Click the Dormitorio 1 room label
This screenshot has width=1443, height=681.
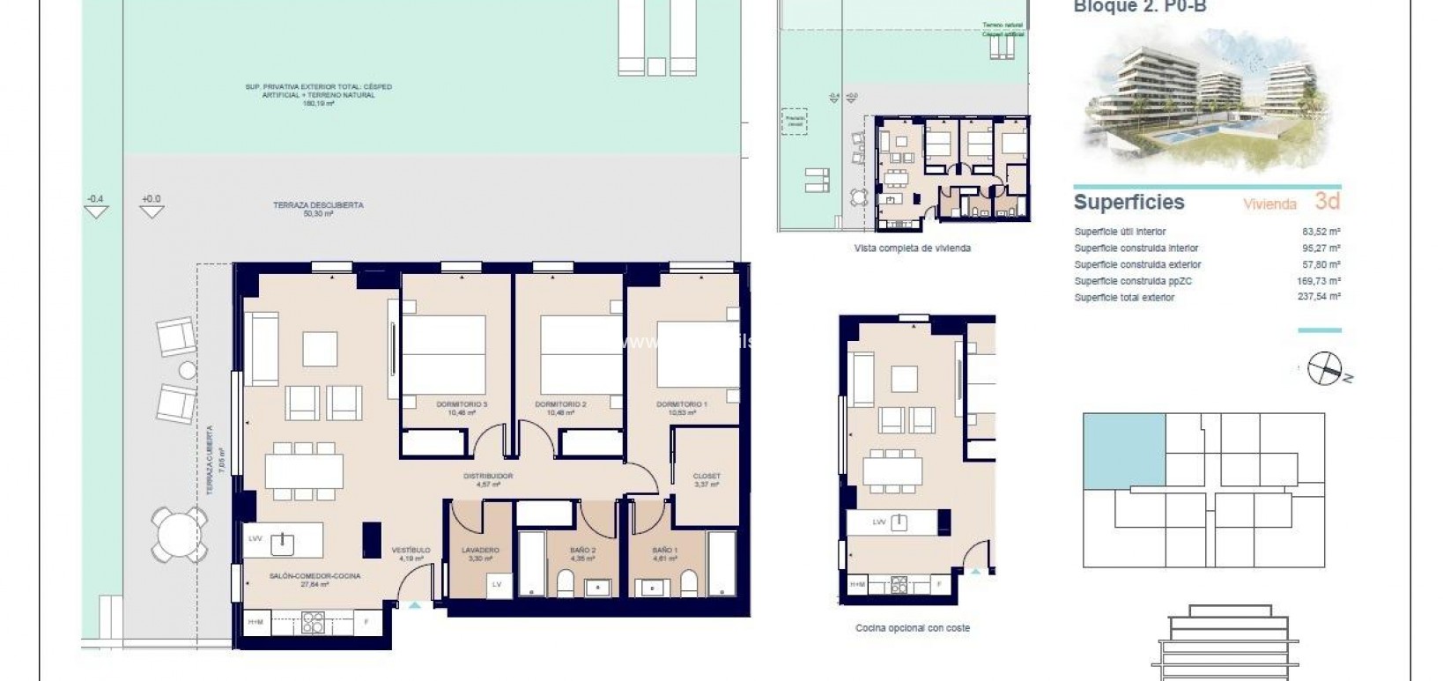point(681,404)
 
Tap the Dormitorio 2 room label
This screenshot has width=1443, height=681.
point(560,404)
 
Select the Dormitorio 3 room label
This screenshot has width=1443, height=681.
point(462,404)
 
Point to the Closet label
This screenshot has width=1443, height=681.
point(707,477)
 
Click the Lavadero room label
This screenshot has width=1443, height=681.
point(480,551)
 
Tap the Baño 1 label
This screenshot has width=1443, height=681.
point(664,551)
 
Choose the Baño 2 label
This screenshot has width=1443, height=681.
point(582,551)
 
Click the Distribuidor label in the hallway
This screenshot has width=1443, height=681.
point(488,477)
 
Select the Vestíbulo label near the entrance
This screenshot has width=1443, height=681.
point(411,551)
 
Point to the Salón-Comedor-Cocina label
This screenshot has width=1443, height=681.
point(314,576)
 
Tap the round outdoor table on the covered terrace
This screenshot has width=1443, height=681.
point(180,532)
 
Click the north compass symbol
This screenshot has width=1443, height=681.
point(1323,368)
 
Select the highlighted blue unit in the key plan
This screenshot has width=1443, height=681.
point(1124,450)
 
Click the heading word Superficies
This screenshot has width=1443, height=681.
point(1128,202)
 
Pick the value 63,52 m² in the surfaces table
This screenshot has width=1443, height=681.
point(1321,232)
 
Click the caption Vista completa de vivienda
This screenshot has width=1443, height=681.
point(912,248)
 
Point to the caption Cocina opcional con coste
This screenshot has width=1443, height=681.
point(912,628)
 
